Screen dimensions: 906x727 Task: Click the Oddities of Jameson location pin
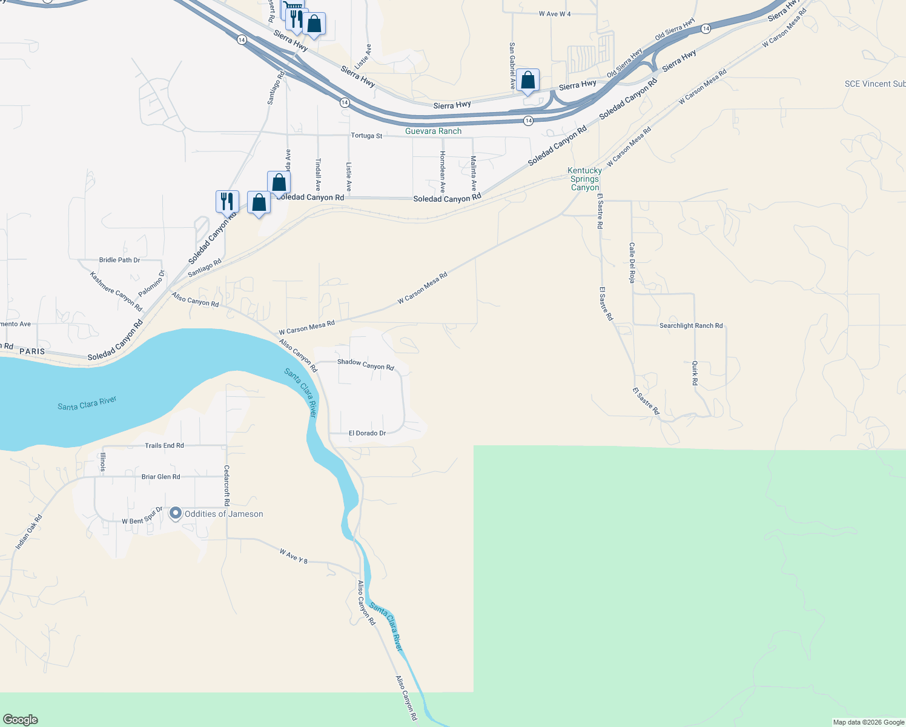[176, 514]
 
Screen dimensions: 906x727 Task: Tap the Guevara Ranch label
[433, 131]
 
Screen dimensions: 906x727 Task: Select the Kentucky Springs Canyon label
[584, 179]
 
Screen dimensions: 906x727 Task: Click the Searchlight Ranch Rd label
[690, 326]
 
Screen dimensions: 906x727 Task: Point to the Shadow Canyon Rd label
[365, 364]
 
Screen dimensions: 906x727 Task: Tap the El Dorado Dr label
[367, 433]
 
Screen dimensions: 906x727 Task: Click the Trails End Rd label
[164, 446]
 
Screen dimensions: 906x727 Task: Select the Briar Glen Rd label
[160, 477]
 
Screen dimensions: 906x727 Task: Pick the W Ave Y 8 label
[294, 556]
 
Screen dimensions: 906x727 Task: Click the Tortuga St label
[366, 136]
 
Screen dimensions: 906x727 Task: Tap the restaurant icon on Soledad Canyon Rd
[227, 201]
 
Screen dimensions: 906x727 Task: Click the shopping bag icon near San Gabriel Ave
[527, 80]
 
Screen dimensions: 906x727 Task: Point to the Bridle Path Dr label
[119, 260]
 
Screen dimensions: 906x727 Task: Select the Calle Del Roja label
[632, 263]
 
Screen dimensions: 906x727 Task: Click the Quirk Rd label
[695, 373]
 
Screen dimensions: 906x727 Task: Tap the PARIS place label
[32, 351]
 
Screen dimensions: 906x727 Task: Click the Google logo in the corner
[21, 719]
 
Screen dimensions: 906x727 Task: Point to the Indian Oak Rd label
[29, 533]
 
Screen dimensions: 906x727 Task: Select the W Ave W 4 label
[555, 14]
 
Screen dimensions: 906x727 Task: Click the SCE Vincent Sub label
[875, 84]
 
